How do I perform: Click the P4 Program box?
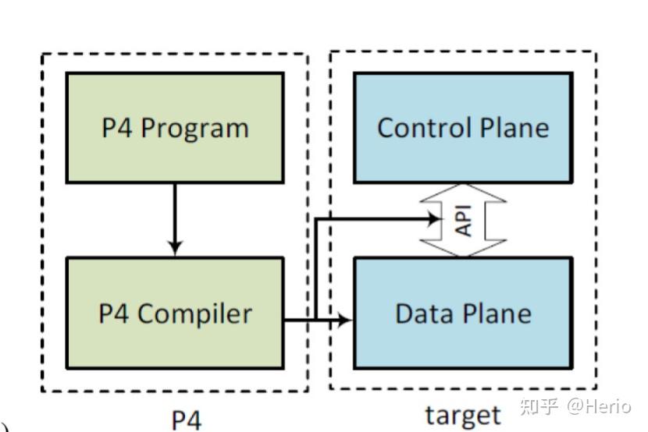[x=174, y=128]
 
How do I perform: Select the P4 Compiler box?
[x=174, y=313]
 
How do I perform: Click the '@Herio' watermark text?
[x=599, y=405]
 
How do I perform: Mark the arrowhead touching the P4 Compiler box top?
[x=175, y=249]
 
